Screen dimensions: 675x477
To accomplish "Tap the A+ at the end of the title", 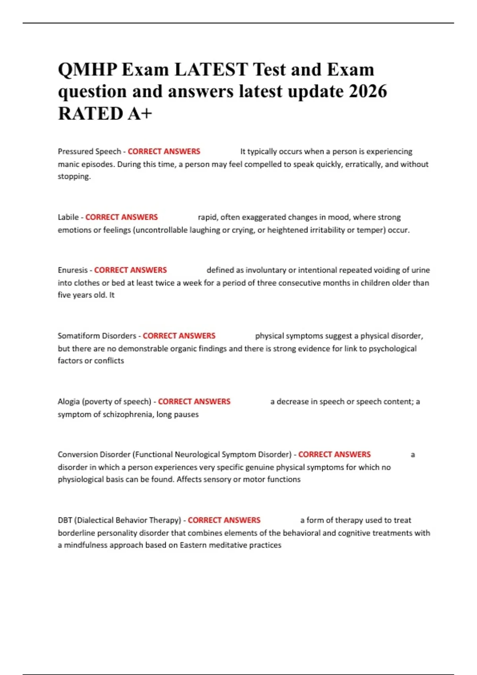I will point(140,114).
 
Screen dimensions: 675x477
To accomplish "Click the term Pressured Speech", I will point(89,151).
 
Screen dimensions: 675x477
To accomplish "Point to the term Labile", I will point(68,217).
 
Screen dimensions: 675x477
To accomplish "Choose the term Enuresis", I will point(72,270).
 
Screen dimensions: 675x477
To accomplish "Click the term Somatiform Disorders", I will point(97,336).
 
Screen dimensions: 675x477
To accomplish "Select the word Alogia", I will point(68,401).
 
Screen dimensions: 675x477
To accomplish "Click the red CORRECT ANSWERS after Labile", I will point(121,217).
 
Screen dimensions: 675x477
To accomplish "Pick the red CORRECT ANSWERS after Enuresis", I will point(130,270).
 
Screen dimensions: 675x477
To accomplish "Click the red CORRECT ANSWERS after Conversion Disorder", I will point(334,454).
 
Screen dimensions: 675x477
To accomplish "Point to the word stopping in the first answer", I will point(74,176).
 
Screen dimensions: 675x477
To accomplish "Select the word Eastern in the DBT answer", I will point(193,545).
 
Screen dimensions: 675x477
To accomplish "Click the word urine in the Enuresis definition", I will point(420,270).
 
